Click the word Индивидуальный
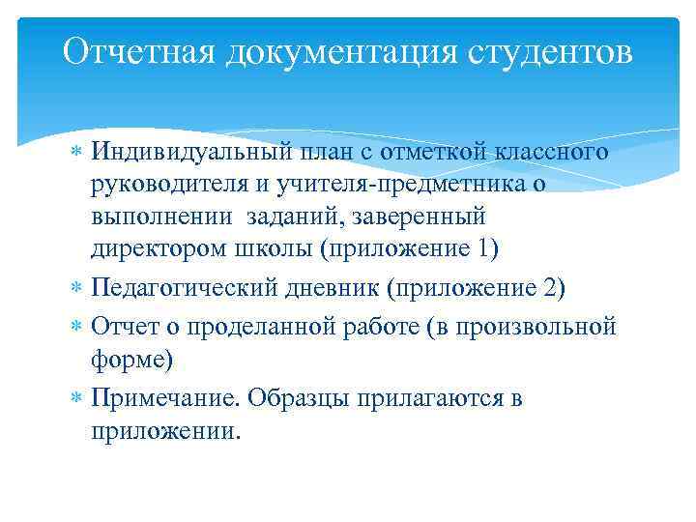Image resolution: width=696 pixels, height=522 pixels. pyautogui.click(x=188, y=153)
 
